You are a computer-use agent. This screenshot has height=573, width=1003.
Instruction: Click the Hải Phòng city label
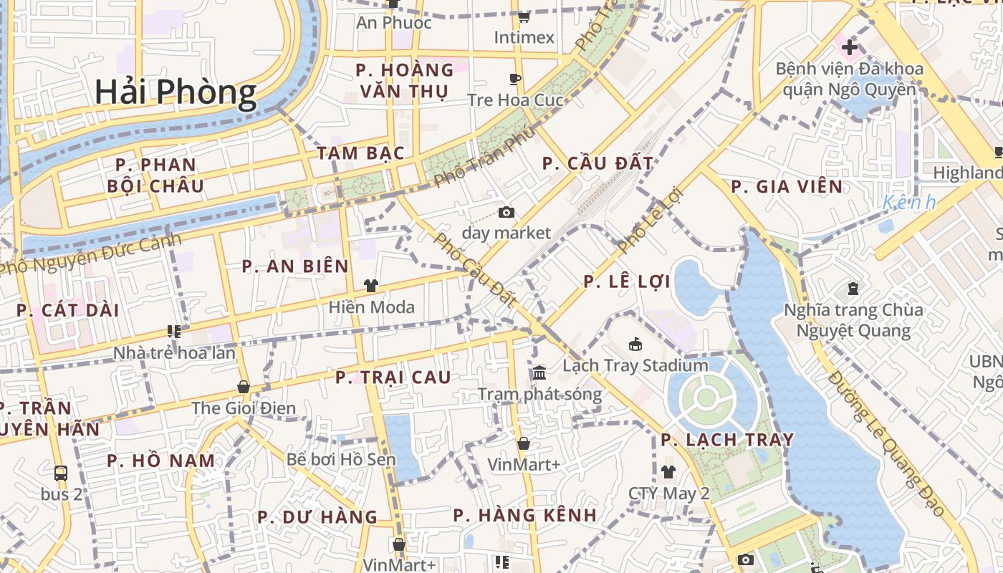176,92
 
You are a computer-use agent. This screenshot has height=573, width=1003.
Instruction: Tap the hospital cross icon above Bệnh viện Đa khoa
850,48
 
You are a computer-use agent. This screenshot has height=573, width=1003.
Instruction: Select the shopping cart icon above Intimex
524,16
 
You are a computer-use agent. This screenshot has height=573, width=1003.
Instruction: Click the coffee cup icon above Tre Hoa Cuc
514,79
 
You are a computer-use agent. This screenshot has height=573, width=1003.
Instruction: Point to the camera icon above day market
507,212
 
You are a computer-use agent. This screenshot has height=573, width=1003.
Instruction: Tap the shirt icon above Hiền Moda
370,286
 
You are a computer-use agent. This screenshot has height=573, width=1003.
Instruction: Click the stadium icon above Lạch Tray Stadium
635,345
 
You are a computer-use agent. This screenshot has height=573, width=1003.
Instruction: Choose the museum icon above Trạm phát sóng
539,373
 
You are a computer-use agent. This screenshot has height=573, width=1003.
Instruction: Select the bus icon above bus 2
61,473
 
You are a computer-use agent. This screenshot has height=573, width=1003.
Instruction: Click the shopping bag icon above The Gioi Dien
244,387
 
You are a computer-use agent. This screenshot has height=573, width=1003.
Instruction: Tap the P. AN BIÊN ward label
295,266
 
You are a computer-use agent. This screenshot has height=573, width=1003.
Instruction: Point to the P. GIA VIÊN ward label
787,187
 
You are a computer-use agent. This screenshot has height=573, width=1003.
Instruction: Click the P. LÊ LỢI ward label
627,281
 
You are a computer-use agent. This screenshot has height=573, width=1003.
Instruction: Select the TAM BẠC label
361,153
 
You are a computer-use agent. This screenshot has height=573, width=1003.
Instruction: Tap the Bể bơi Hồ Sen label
341,459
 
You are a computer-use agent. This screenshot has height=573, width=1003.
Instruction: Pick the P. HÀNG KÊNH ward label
525,515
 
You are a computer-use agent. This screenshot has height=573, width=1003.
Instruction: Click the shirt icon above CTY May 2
668,471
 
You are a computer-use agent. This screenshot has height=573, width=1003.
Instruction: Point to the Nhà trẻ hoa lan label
174,353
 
